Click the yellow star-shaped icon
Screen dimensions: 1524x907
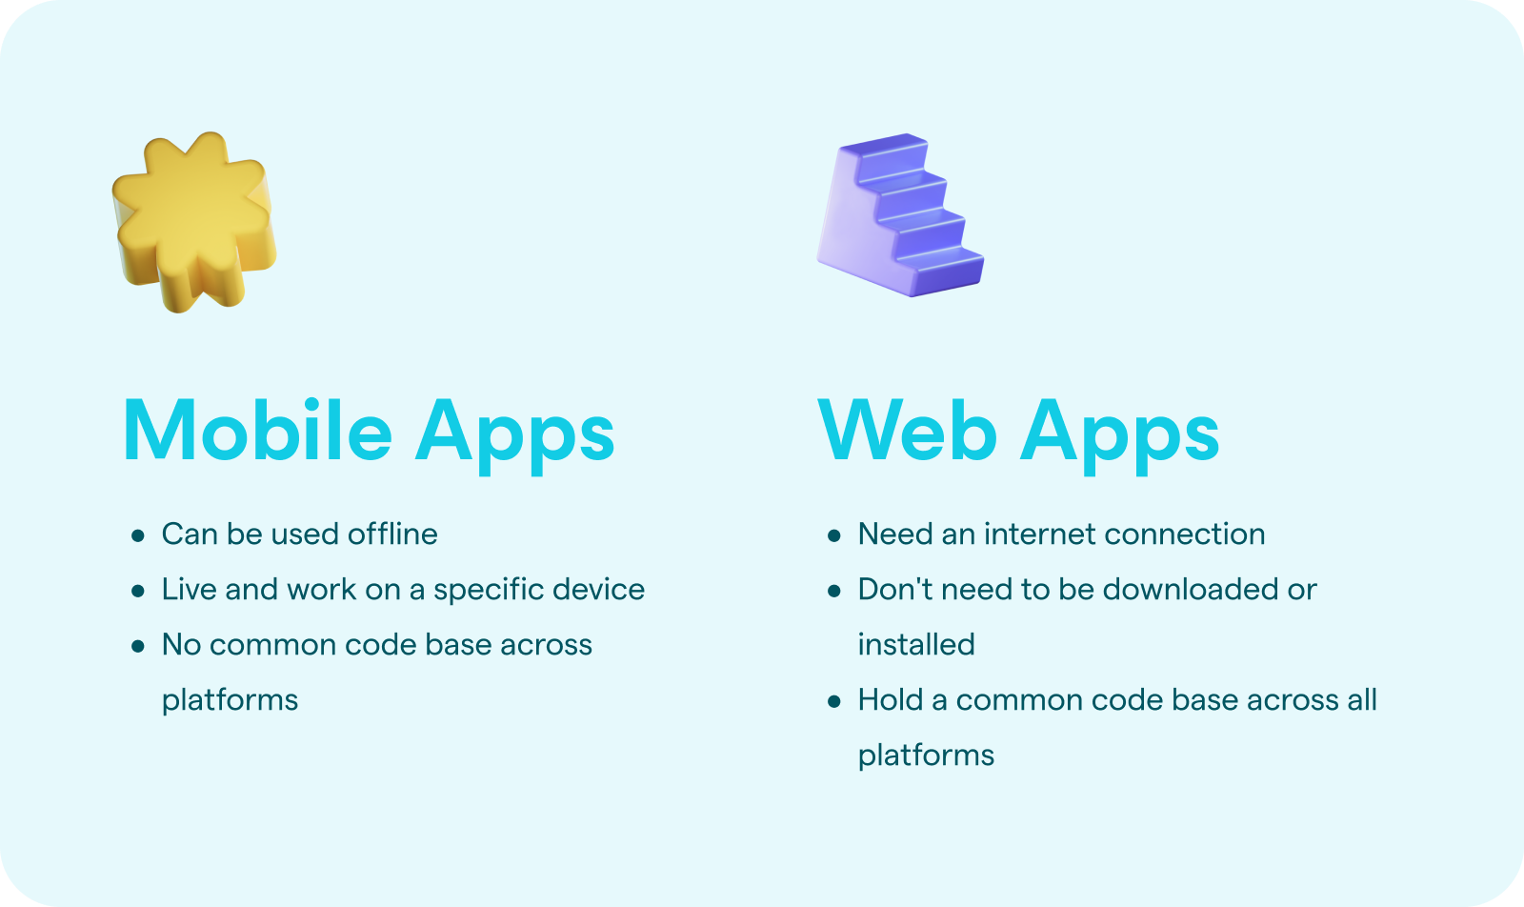pyautogui.click(x=194, y=222)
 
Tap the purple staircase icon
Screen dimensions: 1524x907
pyautogui.click(x=900, y=215)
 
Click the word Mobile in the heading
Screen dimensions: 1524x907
pyautogui.click(x=258, y=430)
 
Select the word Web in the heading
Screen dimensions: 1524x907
pyautogui.click(x=908, y=430)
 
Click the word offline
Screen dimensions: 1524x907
pyautogui.click(x=392, y=534)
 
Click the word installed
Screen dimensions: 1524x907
pyautogui.click(x=915, y=644)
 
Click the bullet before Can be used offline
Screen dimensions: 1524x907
pyautogui.click(x=138, y=535)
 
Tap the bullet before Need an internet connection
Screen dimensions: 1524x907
pyautogui.click(x=834, y=535)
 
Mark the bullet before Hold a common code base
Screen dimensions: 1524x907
pyautogui.click(x=834, y=701)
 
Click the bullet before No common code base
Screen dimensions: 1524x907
pyautogui.click(x=138, y=646)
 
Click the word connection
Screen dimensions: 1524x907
pyautogui.click(x=1185, y=534)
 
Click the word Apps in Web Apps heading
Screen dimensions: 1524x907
pyautogui.click(x=1119, y=434)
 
